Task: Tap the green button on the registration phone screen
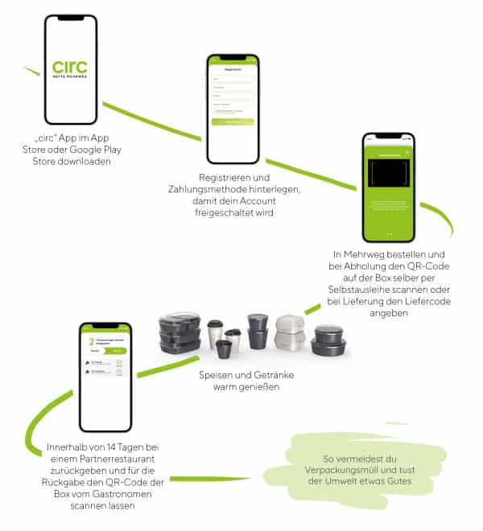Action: (233, 121)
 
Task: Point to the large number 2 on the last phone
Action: (92, 342)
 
